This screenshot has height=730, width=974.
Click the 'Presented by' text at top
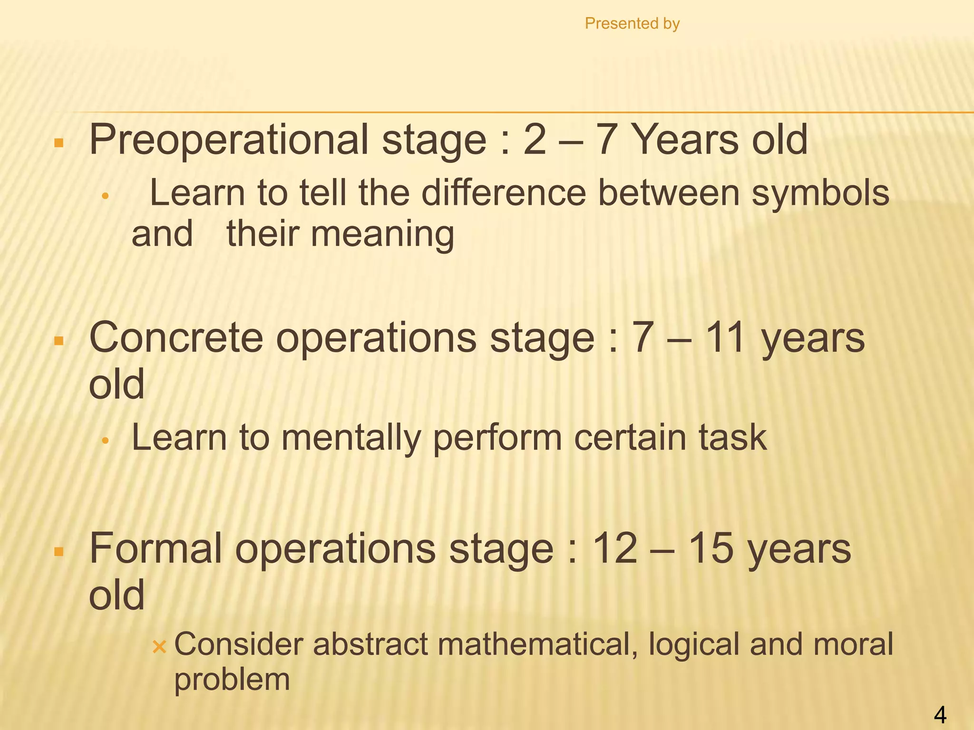tap(632, 23)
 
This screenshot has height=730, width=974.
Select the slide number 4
tap(940, 715)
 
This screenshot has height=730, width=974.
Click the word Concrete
tap(176, 338)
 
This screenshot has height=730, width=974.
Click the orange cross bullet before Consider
tap(159, 646)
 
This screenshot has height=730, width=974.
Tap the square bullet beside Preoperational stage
tap(59, 143)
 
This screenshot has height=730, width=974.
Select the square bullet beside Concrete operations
tap(59, 341)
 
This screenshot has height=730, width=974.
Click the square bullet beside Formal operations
tap(59, 552)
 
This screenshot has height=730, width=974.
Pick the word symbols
tap(820, 194)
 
